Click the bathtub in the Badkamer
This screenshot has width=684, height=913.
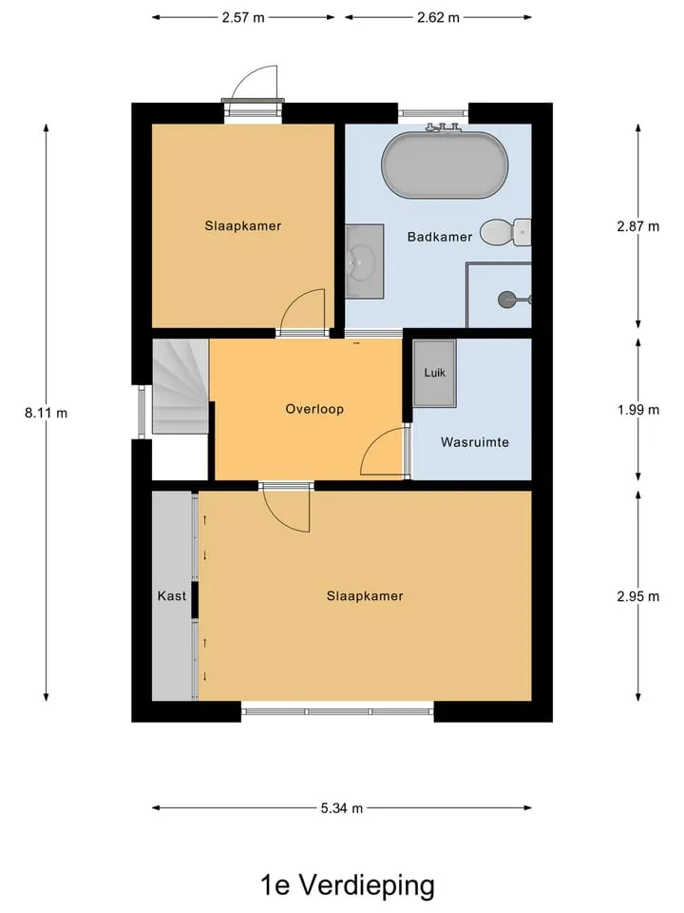point(445,165)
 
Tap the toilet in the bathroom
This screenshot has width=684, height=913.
point(505,232)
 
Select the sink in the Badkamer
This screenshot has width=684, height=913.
point(364,262)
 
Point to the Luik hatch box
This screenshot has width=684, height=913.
point(434,373)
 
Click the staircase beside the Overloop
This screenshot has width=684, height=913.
point(180,387)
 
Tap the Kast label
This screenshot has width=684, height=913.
point(172,595)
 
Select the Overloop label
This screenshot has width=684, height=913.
point(314,409)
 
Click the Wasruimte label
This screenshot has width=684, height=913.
point(475,442)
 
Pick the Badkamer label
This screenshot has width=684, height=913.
point(440,237)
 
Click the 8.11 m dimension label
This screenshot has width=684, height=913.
point(46,413)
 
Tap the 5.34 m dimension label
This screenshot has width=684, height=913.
point(341,808)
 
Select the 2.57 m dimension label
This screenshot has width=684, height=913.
point(243,17)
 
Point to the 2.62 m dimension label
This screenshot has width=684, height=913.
point(438,17)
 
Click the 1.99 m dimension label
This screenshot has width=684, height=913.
point(638,410)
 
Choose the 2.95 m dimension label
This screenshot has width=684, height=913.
point(638,596)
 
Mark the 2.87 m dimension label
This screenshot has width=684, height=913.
point(638,226)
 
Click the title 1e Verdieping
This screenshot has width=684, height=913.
point(348,885)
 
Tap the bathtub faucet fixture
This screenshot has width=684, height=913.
point(444,127)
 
